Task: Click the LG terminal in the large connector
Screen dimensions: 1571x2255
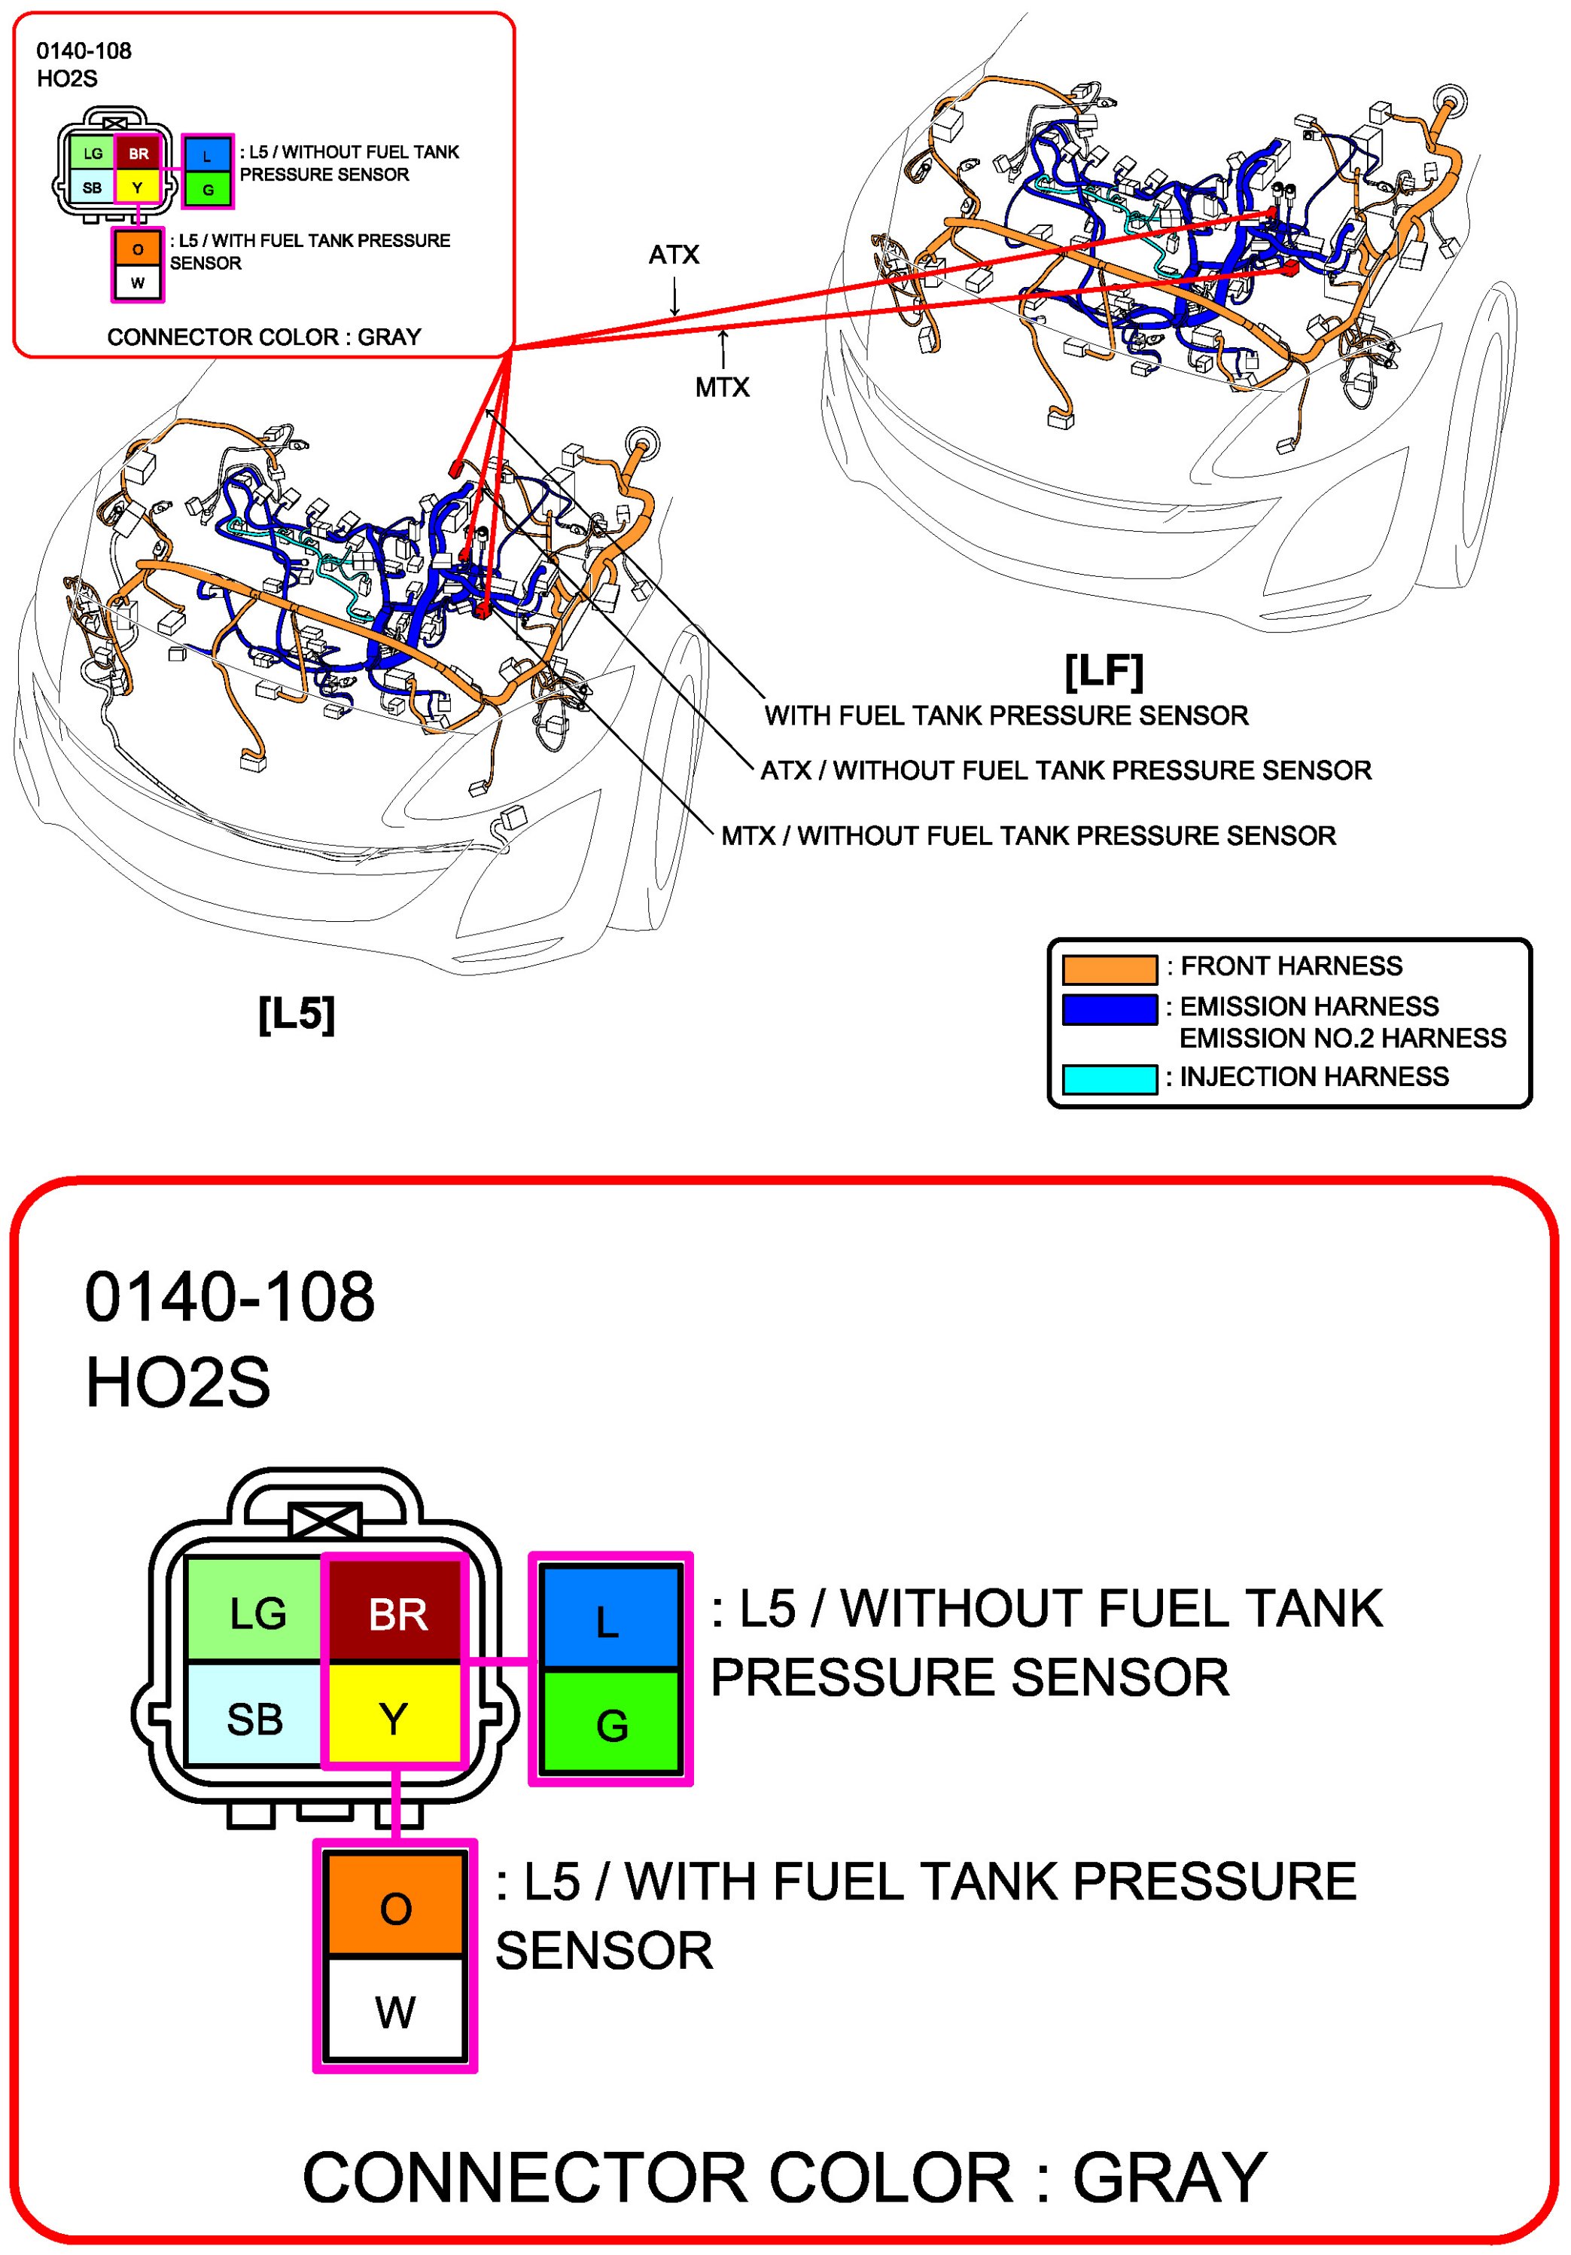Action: pos(254,1613)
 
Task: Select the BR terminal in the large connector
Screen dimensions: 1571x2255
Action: pos(394,1613)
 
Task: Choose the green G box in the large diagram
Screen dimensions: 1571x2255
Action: pos(610,1725)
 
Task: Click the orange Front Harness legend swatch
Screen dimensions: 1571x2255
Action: pos(1110,969)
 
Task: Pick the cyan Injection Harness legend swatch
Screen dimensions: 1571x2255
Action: pos(1110,1079)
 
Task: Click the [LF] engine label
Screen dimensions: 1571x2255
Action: pos(1104,672)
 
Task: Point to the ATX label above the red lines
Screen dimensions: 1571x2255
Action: pos(674,255)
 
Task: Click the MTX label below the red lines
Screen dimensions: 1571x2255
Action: pos(722,388)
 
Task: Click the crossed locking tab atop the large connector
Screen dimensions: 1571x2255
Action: pos(325,1521)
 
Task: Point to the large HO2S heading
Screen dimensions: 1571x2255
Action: pos(178,1383)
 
